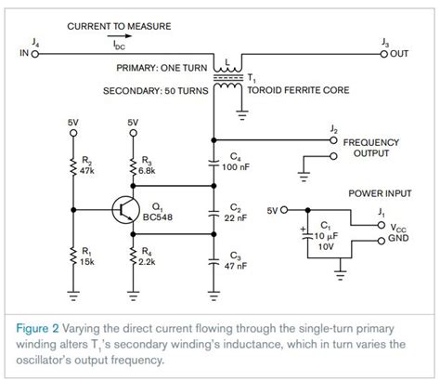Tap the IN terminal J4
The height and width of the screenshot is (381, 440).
pyautogui.click(x=35, y=54)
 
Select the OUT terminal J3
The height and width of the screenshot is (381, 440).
pyautogui.click(x=384, y=54)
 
